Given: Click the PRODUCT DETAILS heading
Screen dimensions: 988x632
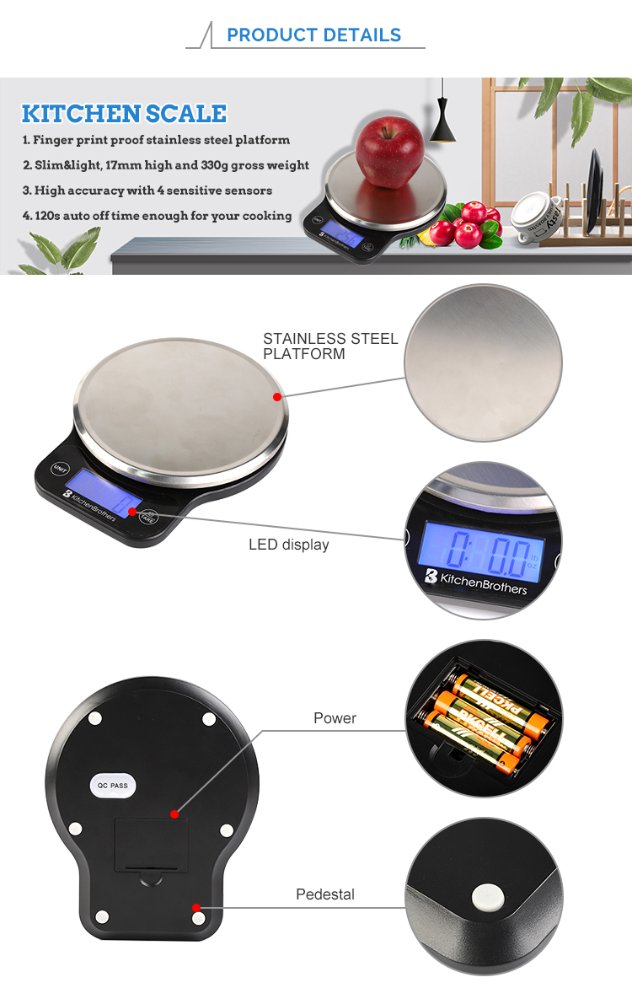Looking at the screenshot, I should tap(313, 35).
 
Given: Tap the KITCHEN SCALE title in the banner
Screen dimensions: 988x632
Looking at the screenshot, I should tap(124, 114).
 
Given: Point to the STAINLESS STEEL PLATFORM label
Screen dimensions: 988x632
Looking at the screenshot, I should tap(329, 346).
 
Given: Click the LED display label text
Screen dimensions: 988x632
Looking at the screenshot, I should tap(288, 545).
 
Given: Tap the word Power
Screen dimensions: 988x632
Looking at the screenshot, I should tap(335, 718).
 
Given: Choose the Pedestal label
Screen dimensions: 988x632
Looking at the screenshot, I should tap(325, 894).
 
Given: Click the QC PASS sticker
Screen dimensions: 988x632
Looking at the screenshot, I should tap(112, 785).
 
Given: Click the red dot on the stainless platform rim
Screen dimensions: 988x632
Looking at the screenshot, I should tap(276, 395).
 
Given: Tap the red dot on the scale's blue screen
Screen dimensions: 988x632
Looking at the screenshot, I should tap(132, 511).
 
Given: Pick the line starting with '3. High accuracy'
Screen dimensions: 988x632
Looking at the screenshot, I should tap(147, 191).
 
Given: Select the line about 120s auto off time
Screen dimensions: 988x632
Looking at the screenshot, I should tap(157, 216).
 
